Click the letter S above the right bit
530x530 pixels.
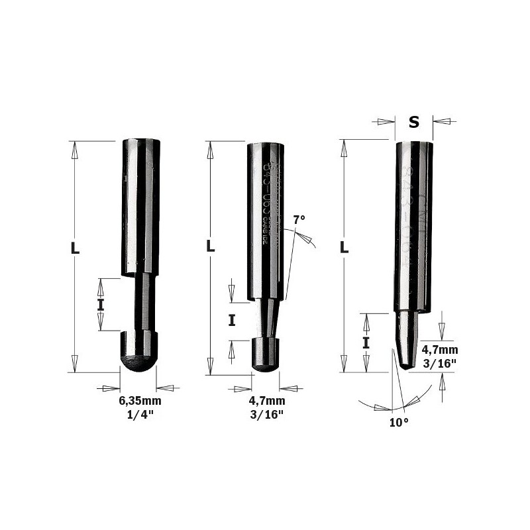(x=414, y=122)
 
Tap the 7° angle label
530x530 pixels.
(x=300, y=219)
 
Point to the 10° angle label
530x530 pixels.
(x=399, y=421)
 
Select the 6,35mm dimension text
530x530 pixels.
(x=140, y=401)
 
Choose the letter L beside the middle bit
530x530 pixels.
(x=211, y=246)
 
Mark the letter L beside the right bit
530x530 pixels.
(x=344, y=247)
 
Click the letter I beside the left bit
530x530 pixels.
(x=101, y=305)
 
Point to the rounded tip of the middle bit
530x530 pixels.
(x=267, y=358)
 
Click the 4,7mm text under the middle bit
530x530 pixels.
(x=267, y=401)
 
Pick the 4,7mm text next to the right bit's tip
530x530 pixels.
(x=439, y=349)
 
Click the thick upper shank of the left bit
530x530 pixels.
(x=140, y=205)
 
